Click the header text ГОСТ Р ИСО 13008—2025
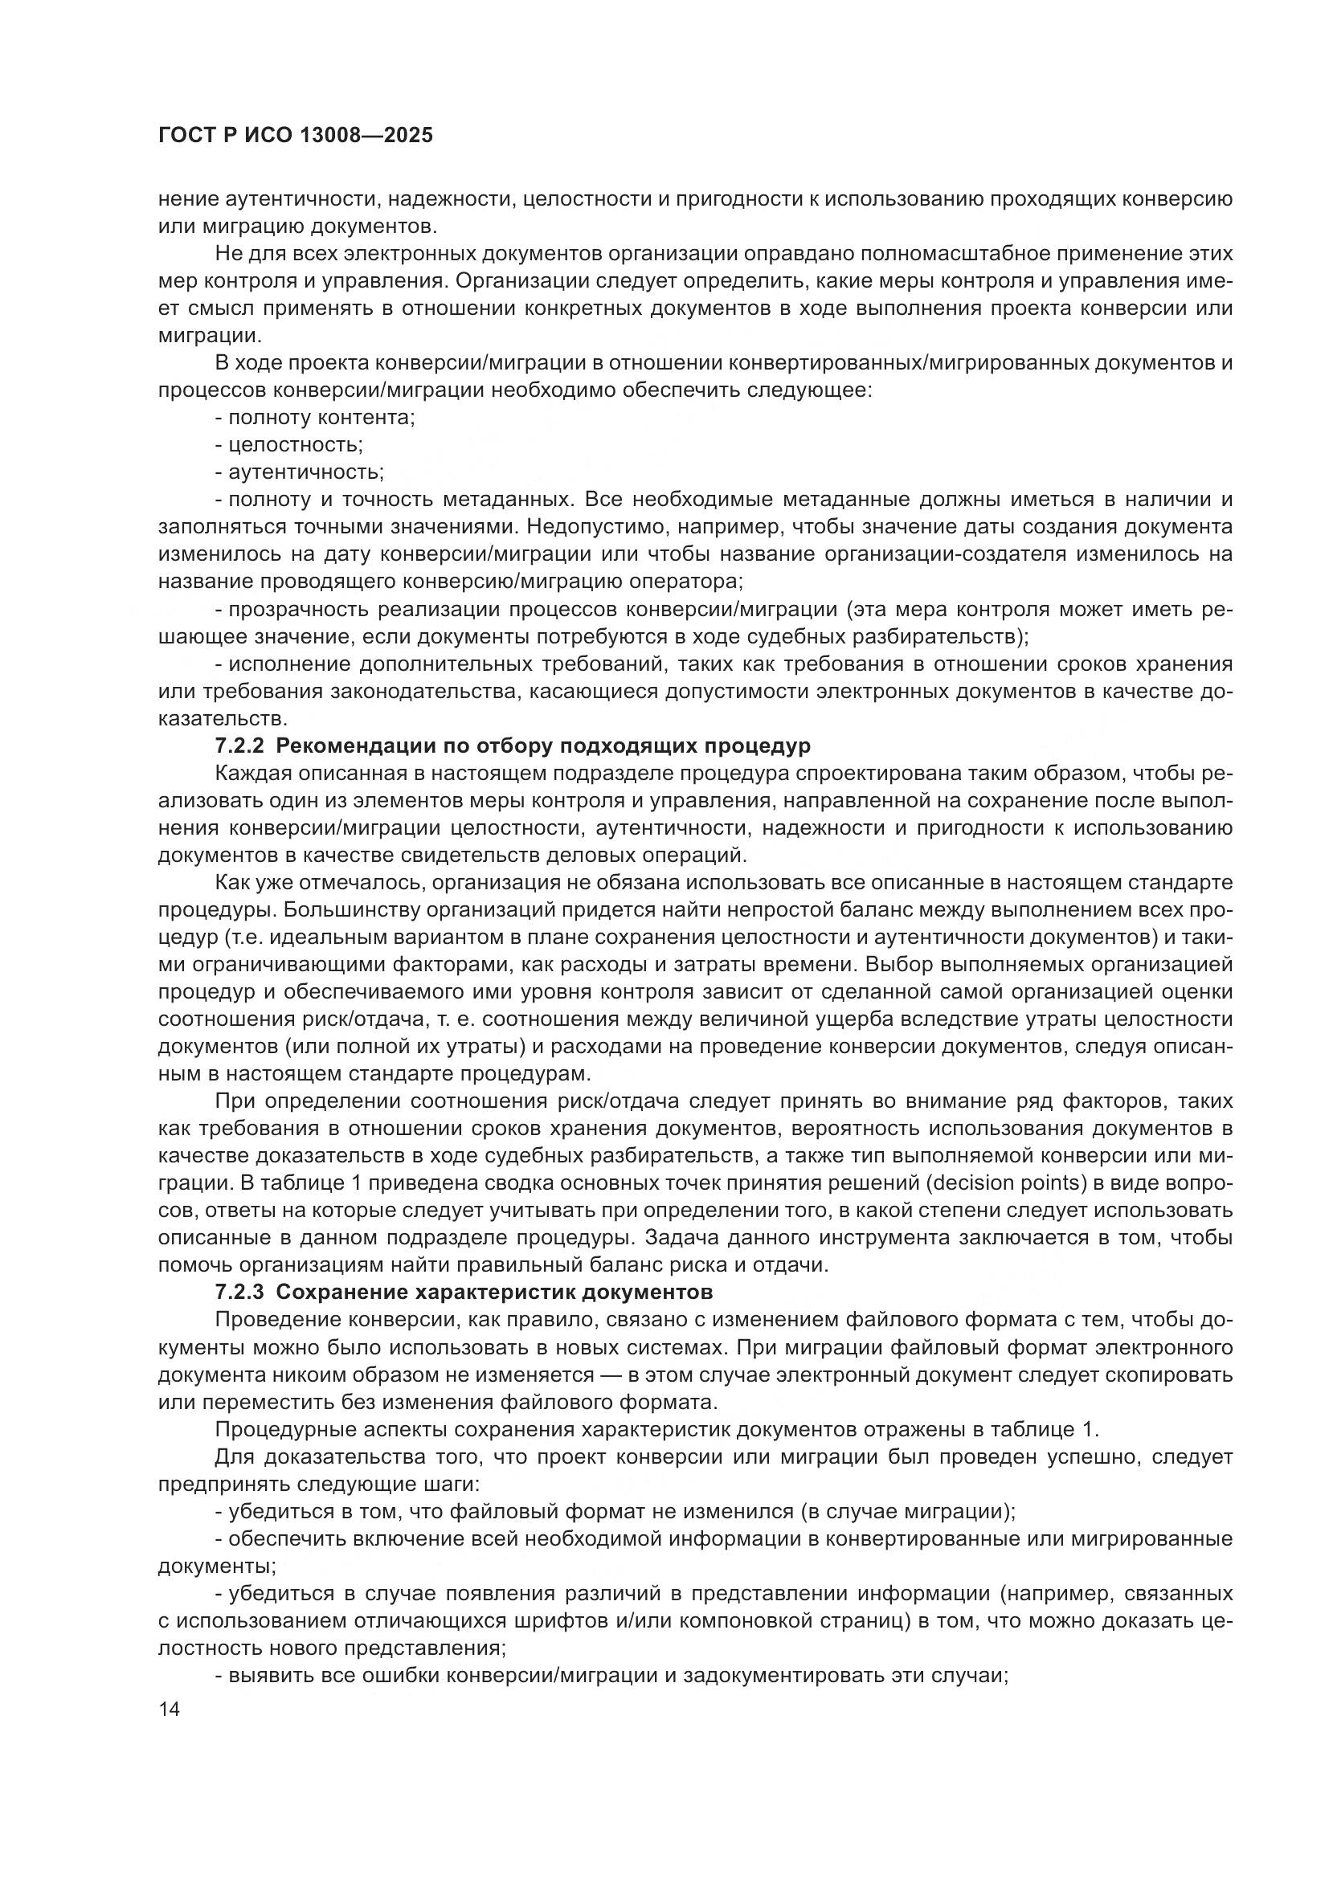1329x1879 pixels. (295, 136)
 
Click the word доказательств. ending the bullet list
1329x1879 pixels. (223, 719)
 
